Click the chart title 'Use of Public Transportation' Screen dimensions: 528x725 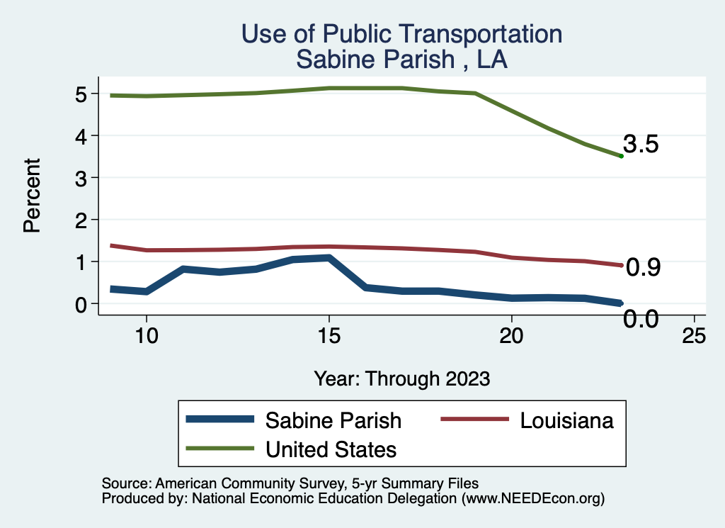click(401, 34)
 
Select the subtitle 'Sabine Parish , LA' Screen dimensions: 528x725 click(401, 59)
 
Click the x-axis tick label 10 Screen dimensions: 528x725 click(146, 336)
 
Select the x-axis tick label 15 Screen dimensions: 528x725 click(329, 336)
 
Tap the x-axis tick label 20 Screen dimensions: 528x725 click(511, 336)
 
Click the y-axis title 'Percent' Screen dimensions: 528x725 click(31, 196)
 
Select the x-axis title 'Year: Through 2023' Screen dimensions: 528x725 click(401, 378)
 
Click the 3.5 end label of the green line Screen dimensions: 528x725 click(641, 145)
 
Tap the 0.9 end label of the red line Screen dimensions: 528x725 click(644, 267)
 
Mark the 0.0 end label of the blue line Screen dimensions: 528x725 click(641, 320)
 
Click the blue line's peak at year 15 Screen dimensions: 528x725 click(329, 258)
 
